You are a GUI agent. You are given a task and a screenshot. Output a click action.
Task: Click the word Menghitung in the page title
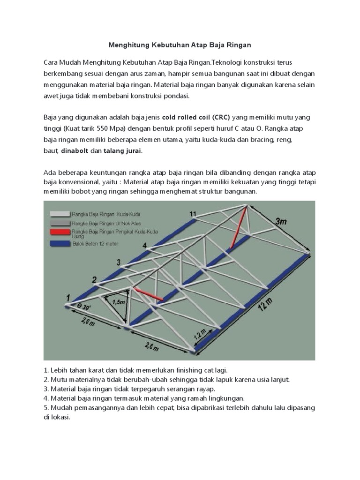click(128, 45)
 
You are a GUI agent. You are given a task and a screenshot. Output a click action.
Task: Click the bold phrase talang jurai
click(123, 151)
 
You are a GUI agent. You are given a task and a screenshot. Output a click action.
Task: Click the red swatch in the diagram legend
click(59, 232)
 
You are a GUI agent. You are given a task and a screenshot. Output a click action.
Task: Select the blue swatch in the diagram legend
click(59, 244)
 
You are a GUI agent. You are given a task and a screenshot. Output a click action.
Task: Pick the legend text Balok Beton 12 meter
click(92, 244)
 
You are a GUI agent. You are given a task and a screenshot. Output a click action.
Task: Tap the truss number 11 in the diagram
click(193, 214)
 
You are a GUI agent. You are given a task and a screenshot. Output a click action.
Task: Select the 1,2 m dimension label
click(200, 334)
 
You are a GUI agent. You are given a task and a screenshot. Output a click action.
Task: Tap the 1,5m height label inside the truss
click(119, 302)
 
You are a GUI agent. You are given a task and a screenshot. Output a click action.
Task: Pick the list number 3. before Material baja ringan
click(46, 389)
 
